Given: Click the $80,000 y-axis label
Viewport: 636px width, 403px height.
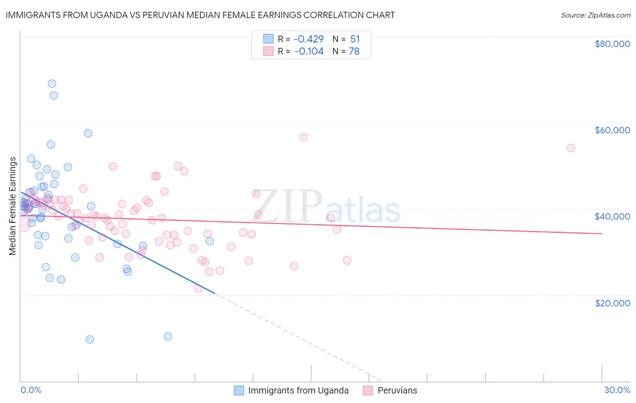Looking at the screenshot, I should (x=612, y=44).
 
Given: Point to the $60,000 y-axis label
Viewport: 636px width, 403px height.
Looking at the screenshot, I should (x=612, y=130).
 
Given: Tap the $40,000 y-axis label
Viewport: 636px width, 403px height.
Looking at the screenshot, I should (x=612, y=216).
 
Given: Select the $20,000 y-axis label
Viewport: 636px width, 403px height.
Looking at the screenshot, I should (x=612, y=303).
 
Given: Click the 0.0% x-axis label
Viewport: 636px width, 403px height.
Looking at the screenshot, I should (x=31, y=390).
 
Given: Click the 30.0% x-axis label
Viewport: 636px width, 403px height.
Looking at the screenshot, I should (x=617, y=390).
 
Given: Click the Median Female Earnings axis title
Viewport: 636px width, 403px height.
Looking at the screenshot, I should (x=13, y=206).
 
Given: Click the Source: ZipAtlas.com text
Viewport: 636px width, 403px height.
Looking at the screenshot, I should (x=595, y=15).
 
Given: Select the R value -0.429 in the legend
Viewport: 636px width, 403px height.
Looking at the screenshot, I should (x=309, y=39).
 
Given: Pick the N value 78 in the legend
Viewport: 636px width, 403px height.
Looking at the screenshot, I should (x=354, y=52).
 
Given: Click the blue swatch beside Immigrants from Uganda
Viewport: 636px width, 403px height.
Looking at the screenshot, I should (x=239, y=390).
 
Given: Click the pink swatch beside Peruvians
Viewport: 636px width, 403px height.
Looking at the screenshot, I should (x=367, y=390).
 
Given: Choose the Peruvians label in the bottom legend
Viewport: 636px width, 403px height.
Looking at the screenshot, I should (x=397, y=390).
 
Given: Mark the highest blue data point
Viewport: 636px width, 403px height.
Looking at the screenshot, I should (x=52, y=84).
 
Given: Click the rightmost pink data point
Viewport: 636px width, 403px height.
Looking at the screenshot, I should (x=571, y=148).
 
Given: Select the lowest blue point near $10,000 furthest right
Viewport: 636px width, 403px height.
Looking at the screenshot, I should (x=168, y=337).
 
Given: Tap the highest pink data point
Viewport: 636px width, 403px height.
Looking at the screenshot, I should (x=304, y=137).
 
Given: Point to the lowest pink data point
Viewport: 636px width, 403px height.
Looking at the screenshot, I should (x=198, y=289).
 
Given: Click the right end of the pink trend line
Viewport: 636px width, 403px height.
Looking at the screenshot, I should (x=602, y=234).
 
